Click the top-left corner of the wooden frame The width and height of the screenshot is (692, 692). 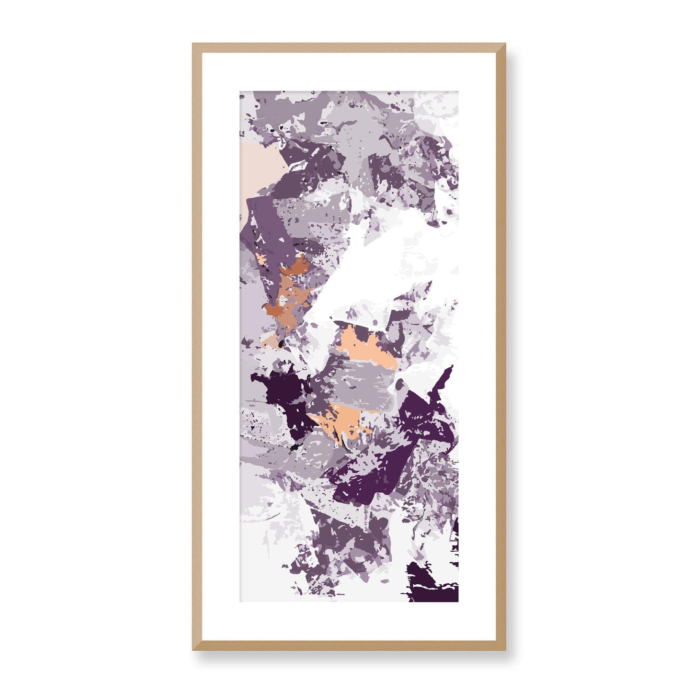click(193, 45)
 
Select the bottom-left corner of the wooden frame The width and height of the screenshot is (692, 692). click(193, 649)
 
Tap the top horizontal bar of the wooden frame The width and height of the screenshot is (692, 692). click(349, 47)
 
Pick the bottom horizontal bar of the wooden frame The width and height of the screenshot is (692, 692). click(349, 646)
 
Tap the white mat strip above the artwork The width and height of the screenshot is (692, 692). click(349, 72)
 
